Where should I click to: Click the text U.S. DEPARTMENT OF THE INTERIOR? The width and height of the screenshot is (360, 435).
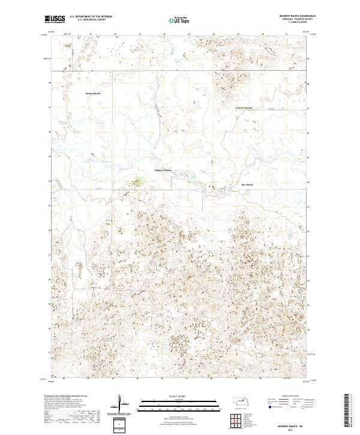click(x=91, y=17)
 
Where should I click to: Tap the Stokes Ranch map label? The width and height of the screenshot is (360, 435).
click(x=92, y=94)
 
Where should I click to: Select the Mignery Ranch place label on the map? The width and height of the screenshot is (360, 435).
click(x=163, y=170)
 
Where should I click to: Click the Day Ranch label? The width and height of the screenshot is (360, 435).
click(x=247, y=185)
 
